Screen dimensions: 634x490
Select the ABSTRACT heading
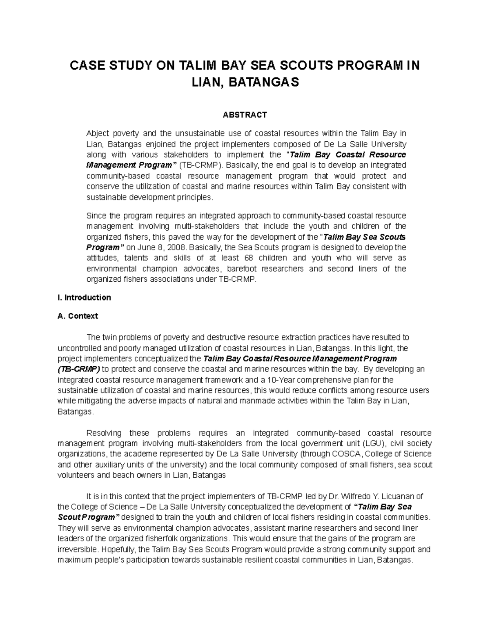pos(245,115)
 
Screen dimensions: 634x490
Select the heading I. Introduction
pos(85,298)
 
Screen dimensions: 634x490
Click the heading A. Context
pos(78,316)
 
